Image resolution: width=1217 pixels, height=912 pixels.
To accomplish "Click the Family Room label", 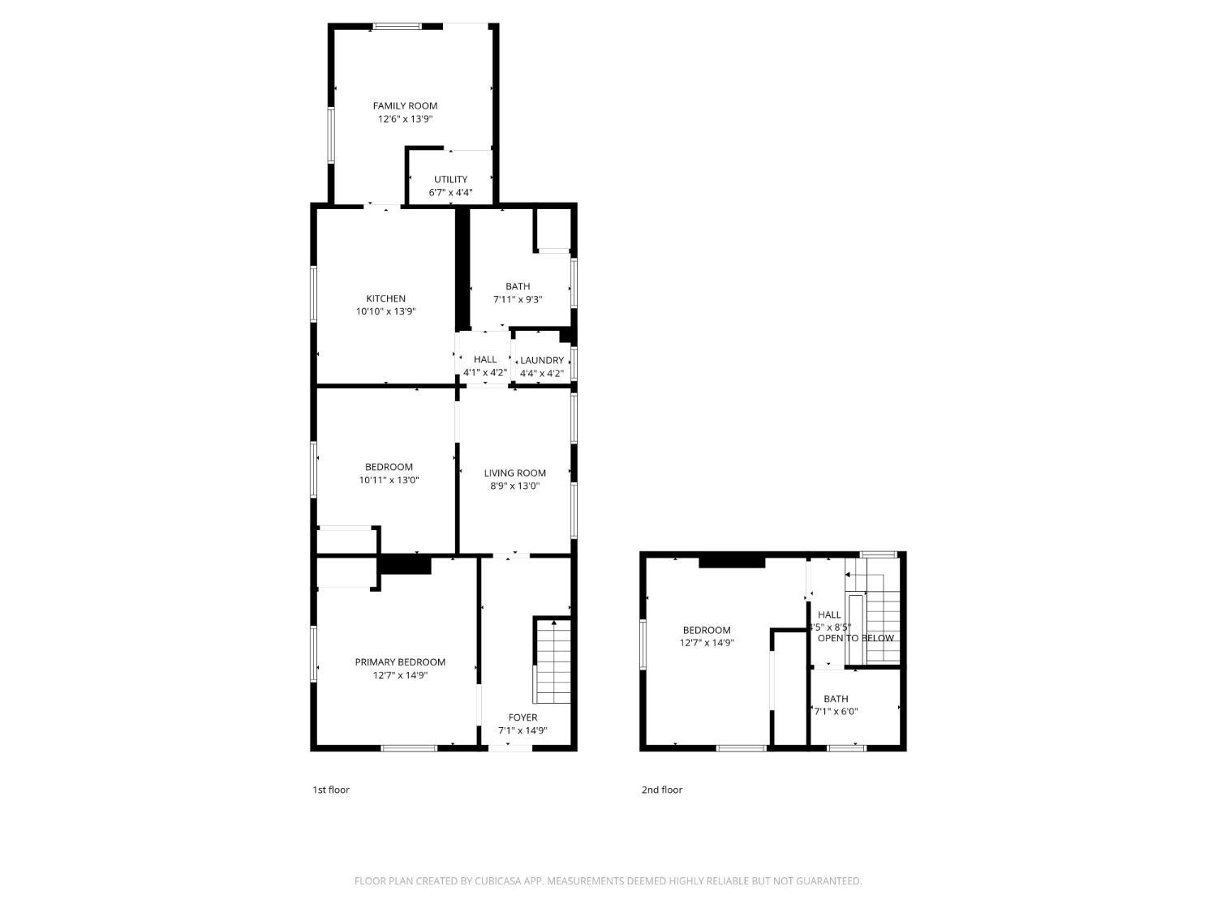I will [405, 105].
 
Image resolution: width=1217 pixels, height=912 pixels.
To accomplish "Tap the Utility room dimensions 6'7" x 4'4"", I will [450, 193].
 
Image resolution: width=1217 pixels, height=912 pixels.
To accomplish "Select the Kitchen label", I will [385, 298].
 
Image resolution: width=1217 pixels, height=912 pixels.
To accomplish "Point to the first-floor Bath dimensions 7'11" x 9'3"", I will [518, 299].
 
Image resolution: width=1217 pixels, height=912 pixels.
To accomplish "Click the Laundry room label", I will [541, 360].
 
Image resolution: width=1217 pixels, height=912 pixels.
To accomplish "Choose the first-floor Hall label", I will [485, 359].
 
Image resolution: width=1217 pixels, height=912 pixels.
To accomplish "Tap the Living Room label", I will [514, 473].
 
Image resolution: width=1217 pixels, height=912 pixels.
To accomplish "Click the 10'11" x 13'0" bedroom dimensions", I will [389, 480].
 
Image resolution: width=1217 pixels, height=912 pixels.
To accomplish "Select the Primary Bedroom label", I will [400, 662].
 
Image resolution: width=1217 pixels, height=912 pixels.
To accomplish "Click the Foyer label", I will [522, 717].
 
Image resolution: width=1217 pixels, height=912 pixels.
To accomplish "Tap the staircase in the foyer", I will [553, 662].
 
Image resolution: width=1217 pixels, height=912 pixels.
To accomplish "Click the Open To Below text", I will [855, 638].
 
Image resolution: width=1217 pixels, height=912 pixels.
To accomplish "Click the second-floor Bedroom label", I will [706, 630].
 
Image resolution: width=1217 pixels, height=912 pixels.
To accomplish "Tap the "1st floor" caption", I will [331, 790].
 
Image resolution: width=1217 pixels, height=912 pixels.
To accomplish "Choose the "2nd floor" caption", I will [662, 790].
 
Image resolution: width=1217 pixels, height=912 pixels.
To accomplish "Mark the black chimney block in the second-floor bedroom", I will [732, 561].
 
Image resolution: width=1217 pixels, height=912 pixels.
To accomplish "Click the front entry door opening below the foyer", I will [510, 747].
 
